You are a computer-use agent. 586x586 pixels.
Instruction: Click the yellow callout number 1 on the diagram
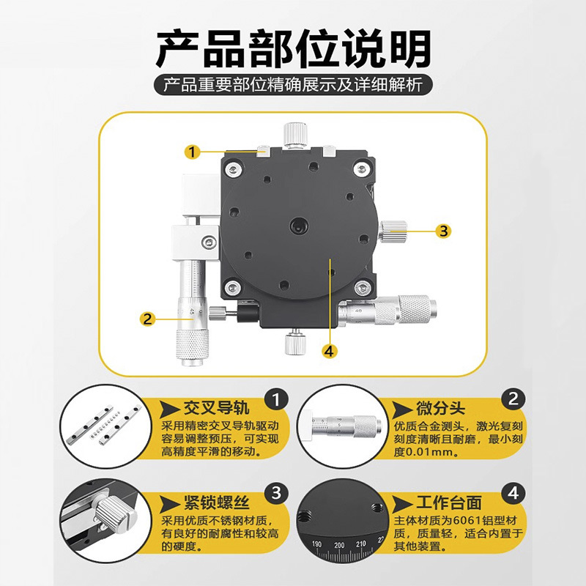pos(193,152)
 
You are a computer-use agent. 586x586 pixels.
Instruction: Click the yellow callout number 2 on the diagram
pos(147,319)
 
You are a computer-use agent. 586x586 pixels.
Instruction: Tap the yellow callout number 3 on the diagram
pos(443,231)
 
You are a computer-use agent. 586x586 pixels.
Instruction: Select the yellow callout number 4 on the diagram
pos(329,352)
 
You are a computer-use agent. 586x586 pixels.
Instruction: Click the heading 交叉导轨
pos(216,408)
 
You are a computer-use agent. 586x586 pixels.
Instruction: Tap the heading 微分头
pos(440,408)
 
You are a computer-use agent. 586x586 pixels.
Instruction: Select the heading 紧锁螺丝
pos(216,502)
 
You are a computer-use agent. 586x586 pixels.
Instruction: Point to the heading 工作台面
pos(449,502)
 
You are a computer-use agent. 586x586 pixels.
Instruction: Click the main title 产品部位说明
pos(294,48)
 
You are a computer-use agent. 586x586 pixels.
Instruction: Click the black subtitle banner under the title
pos(294,85)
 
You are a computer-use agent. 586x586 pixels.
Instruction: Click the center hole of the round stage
pos(299,226)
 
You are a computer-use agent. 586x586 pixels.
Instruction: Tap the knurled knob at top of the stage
pos(295,135)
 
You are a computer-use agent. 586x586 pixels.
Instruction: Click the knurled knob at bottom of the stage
pos(295,344)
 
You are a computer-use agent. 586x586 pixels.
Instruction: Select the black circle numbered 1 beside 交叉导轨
pos(277,400)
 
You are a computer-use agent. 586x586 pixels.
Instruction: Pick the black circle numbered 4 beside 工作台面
pos(513,494)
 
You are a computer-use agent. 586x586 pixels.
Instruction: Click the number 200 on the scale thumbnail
pos(339,545)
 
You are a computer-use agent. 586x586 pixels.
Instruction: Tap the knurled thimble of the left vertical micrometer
pos(193,343)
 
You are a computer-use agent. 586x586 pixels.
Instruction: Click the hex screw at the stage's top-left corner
pos(234,171)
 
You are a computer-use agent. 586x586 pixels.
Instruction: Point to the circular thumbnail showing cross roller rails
pos(105,427)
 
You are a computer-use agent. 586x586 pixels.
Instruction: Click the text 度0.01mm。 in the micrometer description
pos(426,452)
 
